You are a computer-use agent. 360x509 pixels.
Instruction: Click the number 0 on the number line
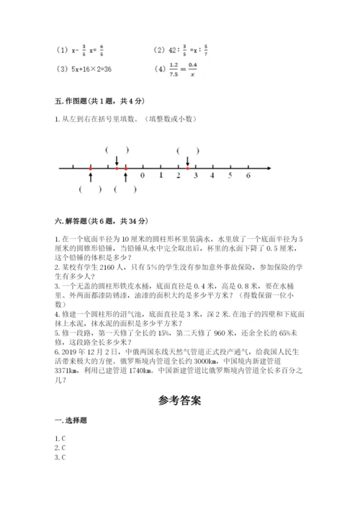coord(143,176)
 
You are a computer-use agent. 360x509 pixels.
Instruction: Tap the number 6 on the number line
coord(248,176)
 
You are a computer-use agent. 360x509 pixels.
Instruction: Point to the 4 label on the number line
coord(213,176)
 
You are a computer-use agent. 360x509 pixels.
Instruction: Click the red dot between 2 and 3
coord(188,168)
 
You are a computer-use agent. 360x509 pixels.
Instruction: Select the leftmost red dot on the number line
coord(91,168)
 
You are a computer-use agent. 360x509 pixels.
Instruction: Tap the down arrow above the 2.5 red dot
coord(188,161)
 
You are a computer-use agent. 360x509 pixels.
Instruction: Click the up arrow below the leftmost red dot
coord(91,177)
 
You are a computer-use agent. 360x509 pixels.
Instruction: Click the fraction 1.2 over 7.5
coord(174,69)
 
